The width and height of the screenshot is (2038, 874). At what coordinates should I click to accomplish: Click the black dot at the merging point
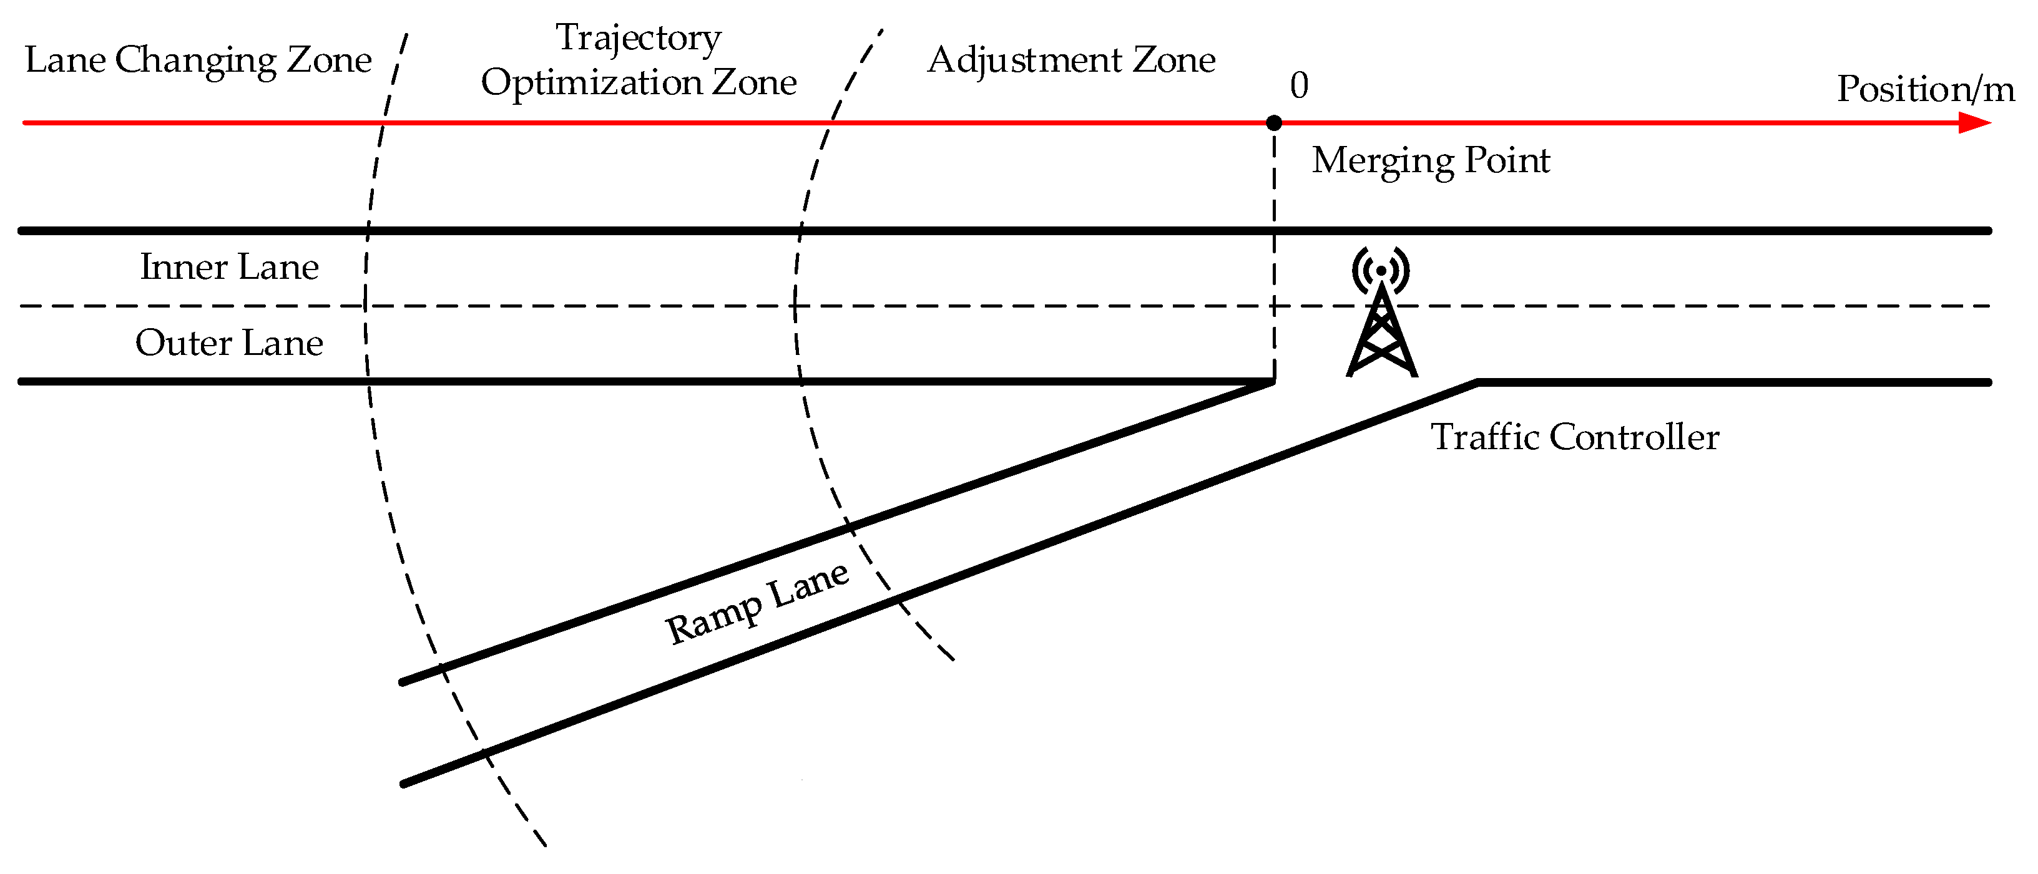[1274, 123]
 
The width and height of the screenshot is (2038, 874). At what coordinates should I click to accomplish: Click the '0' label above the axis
[1299, 85]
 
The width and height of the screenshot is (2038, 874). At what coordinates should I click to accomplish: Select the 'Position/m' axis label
[1925, 89]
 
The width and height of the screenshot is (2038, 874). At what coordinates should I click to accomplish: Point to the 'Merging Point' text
[1431, 160]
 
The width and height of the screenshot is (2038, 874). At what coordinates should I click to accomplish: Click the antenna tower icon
[1381, 328]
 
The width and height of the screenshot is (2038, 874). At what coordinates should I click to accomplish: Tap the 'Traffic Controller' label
[1574, 437]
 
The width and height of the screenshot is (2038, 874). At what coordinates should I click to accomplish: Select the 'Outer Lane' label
[230, 343]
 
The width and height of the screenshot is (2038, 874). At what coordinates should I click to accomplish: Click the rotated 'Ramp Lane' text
[757, 603]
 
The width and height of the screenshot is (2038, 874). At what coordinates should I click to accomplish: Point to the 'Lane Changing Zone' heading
[198, 60]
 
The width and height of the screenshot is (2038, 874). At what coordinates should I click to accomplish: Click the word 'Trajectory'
[638, 38]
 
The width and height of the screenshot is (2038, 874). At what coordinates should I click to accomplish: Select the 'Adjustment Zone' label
[1071, 60]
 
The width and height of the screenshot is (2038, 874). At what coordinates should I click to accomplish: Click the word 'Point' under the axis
[1507, 160]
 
